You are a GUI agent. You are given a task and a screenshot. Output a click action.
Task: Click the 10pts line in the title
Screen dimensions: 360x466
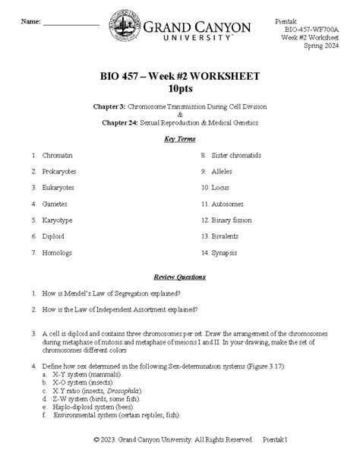pos(180,89)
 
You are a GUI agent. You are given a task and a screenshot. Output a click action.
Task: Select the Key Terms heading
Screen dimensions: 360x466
pos(180,139)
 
